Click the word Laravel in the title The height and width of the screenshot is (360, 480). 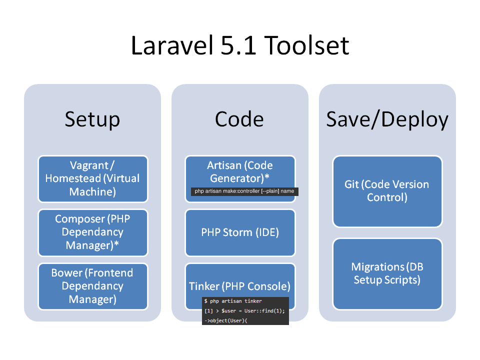[x=171, y=45]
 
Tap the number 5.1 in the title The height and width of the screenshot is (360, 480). [x=238, y=45]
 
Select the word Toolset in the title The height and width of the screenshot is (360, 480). [x=306, y=45]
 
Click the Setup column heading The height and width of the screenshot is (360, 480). [x=92, y=119]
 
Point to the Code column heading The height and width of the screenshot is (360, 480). [x=239, y=119]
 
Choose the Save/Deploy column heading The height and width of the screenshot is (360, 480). [x=387, y=119]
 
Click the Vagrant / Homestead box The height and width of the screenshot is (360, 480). [x=93, y=179]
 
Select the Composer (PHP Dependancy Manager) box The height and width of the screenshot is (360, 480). [x=93, y=232]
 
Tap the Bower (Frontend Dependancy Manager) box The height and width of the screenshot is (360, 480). [x=93, y=286]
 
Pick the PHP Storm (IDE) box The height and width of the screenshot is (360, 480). [x=240, y=232]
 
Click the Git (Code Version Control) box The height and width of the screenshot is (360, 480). [x=387, y=191]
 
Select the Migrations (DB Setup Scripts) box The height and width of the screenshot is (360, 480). [x=387, y=274]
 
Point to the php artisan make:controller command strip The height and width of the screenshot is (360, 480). [x=244, y=191]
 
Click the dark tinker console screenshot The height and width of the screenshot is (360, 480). [x=245, y=310]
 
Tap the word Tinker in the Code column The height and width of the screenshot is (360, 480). [x=204, y=286]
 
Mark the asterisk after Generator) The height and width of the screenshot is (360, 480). [x=266, y=176]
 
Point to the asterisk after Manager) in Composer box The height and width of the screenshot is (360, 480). [x=116, y=243]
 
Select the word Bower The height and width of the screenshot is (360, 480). [x=66, y=273]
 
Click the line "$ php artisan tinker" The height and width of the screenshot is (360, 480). [x=233, y=301]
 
